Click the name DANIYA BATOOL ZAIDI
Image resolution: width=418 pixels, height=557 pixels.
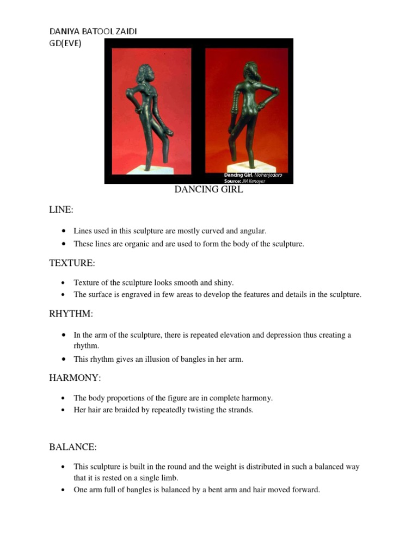pyautogui.click(x=93, y=32)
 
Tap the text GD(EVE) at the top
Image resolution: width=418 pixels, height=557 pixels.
pyautogui.click(x=65, y=44)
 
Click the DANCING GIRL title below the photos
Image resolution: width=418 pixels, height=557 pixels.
pyautogui.click(x=208, y=190)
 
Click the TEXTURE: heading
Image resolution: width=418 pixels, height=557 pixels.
pyautogui.click(x=72, y=263)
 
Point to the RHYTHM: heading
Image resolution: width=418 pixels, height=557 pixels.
pyautogui.click(x=71, y=314)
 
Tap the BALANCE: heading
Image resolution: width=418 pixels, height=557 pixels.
pyautogui.click(x=73, y=447)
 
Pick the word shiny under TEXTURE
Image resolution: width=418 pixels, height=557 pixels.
pyautogui.click(x=223, y=283)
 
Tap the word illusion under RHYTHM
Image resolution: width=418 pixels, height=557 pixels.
pyautogui.click(x=157, y=360)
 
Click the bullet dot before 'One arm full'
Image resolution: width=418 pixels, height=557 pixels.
pyautogui.click(x=65, y=490)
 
